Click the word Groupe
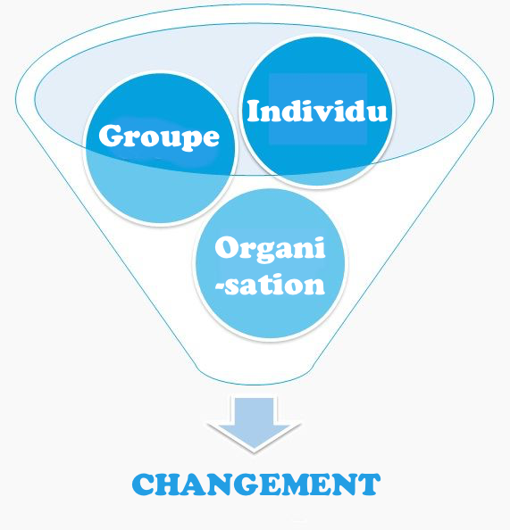coord(159,136)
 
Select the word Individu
coord(317,111)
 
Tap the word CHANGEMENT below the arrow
coord(256,484)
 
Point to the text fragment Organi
coord(270,250)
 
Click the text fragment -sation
coord(270,284)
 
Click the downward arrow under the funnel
coord(254,424)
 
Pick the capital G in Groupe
coord(112,136)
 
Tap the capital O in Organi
coord(228,248)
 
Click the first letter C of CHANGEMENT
coord(144,484)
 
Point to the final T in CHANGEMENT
coord(369,484)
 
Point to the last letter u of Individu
coord(376,114)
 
